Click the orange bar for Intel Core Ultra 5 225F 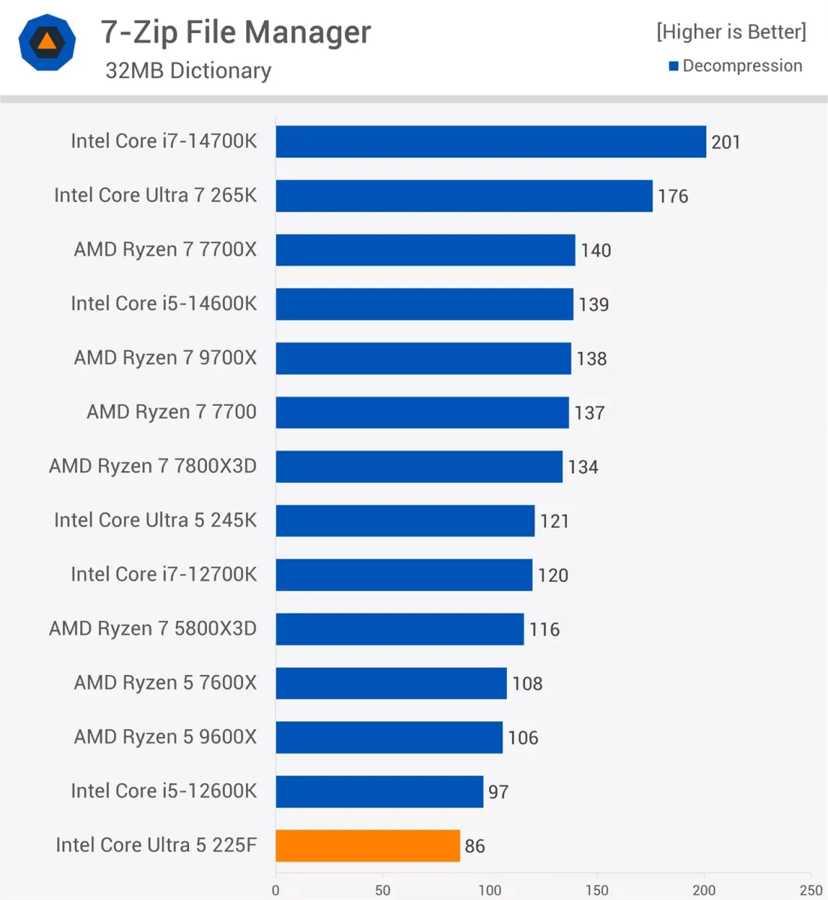367,845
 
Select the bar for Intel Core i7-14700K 490,142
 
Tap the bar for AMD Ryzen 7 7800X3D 418,466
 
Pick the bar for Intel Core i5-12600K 379,791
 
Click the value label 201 725,142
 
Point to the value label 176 673,196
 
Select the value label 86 475,846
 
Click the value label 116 544,629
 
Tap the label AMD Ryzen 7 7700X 165,250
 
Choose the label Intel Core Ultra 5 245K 155,520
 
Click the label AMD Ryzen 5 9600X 165,737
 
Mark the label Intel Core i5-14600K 163,304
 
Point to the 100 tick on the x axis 490,890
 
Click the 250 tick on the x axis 811,890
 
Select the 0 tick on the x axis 275,890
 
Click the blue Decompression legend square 673,66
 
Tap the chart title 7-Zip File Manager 235,32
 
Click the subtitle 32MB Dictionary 188,70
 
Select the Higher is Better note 730,31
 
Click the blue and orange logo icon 47,42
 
